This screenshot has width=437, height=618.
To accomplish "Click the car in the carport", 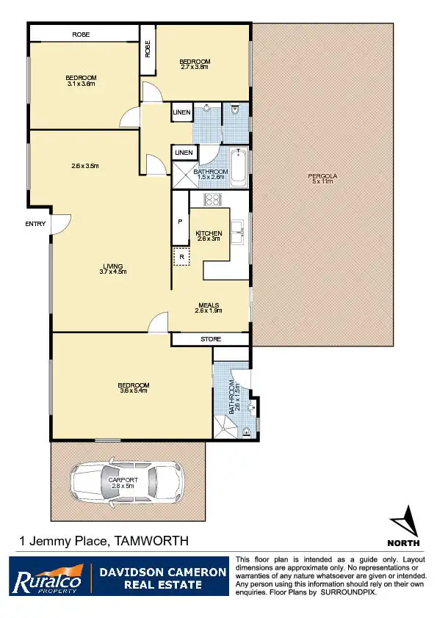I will point(126,481).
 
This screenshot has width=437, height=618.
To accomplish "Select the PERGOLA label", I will point(322,176).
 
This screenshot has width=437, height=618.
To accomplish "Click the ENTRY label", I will point(35,224).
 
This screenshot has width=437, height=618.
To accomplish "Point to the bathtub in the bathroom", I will point(238,168).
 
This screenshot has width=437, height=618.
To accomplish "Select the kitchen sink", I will point(236,232).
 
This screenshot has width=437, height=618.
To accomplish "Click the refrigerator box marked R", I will point(181,256).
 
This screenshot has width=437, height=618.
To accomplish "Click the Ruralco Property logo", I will point(46,578).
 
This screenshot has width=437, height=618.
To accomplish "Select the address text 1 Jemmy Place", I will point(63,542).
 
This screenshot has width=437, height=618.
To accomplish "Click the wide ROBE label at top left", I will point(82,34).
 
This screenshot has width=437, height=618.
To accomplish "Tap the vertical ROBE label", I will point(148,49).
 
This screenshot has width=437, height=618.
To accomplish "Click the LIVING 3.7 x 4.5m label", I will point(112,269).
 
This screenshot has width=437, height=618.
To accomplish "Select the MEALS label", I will point(209,306).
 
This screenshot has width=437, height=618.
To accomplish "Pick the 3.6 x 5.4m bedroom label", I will point(134,388).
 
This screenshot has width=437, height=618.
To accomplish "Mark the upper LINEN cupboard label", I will point(181,112).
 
